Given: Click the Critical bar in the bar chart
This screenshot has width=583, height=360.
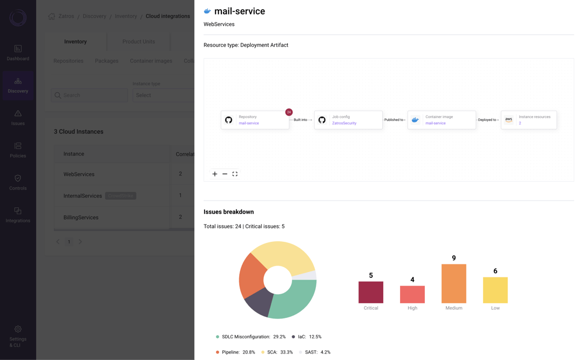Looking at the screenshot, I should point(371,292).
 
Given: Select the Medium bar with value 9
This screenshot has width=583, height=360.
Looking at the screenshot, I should point(453,283).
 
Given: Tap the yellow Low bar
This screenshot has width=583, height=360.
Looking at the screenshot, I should point(495,290).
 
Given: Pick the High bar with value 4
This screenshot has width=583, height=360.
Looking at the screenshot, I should point(412,294).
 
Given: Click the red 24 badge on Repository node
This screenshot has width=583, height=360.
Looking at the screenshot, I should point(289,112).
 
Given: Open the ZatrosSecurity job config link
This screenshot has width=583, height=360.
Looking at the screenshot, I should point(344,123).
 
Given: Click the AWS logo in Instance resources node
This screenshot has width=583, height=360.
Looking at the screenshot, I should point(509,120).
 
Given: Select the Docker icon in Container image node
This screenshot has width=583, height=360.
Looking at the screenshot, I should point(415,120).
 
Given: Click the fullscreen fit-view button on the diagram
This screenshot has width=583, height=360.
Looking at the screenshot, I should point(235,174).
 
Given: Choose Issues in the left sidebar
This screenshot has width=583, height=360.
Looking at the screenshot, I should point(18,118).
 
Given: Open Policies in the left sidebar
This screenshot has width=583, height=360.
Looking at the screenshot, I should point(18,150).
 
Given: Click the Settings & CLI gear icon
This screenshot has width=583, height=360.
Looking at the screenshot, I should point(18,329).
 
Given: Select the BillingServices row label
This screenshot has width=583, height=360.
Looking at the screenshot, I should point(81,218).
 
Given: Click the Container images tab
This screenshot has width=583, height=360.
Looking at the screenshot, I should point(151,61).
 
